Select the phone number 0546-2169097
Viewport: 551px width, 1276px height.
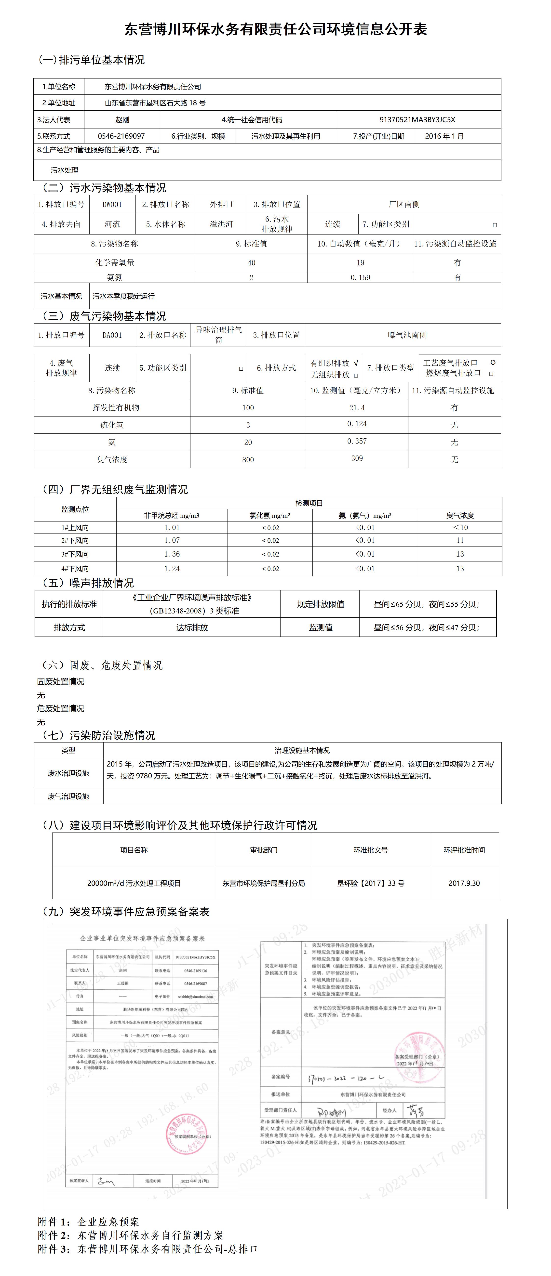pyautogui.click(x=121, y=136)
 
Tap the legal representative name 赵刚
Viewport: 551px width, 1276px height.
pyautogui.click(x=122, y=120)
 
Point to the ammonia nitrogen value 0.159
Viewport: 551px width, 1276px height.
pyautogui.click(x=360, y=277)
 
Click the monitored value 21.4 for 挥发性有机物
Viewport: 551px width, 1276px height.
pyautogui.click(x=357, y=408)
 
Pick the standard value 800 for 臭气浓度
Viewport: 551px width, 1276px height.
pyautogui.click(x=248, y=460)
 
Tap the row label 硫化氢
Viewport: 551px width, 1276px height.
pyautogui.click(x=112, y=425)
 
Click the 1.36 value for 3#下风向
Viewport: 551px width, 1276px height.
pyautogui.click(x=172, y=554)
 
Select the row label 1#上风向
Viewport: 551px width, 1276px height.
pyautogui.click(x=75, y=528)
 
